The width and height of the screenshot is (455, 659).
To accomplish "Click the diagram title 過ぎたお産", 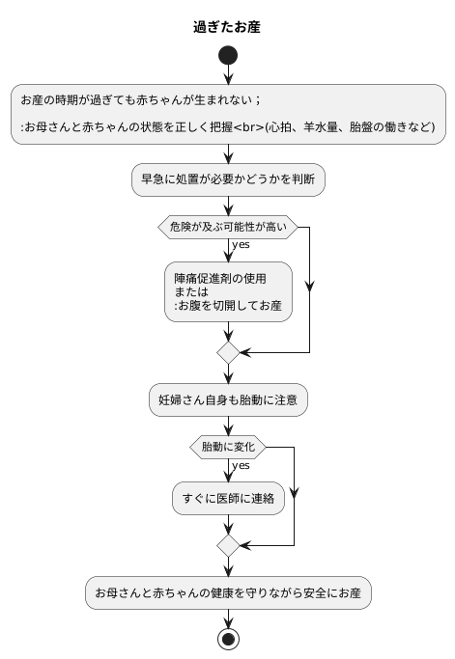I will (x=227, y=27).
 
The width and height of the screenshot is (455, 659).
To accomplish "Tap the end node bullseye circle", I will (x=228, y=639).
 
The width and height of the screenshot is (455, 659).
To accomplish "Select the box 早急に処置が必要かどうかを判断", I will (x=228, y=178).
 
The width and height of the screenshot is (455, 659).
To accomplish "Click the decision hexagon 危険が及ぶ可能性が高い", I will (x=228, y=227).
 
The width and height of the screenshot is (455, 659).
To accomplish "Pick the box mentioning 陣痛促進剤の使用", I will (x=228, y=291).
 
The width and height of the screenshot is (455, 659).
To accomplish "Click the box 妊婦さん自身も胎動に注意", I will (x=228, y=399).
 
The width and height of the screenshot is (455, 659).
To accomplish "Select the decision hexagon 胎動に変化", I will (x=228, y=447).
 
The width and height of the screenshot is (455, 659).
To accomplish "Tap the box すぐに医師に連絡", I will (x=228, y=499).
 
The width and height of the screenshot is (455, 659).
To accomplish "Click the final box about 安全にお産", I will (x=228, y=591).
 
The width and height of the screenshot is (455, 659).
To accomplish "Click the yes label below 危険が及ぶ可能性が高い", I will (x=241, y=245).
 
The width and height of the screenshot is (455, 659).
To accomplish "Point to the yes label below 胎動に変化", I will (x=241, y=466).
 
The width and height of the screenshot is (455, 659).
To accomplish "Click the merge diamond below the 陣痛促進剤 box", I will (x=228, y=352).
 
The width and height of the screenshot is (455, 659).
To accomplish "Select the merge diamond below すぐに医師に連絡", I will (x=228, y=545).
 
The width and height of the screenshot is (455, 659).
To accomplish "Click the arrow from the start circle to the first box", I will (x=228, y=76).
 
